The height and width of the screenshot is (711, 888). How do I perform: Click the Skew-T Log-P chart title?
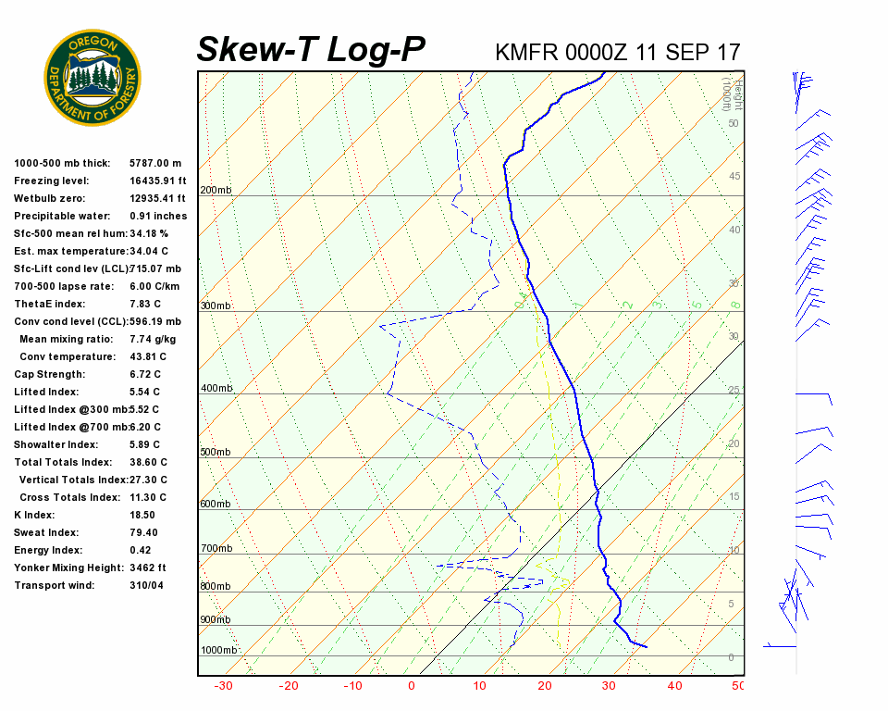pos(311,50)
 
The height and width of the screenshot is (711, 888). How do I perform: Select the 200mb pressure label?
pos(216,191)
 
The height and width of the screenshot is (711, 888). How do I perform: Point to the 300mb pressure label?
pos(216,306)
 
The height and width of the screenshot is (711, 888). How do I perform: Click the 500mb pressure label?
pos(216,453)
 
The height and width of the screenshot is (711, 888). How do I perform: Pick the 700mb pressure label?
pos(216,549)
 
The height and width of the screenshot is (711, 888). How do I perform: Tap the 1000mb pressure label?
pos(218,651)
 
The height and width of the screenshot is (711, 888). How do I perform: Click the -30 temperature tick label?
pos(223,686)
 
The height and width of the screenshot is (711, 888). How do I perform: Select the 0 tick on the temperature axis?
pos(411,686)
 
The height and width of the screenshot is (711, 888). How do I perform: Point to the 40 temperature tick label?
pos(674,686)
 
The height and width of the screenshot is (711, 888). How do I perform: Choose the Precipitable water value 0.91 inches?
pos(158,217)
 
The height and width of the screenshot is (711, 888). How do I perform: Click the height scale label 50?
pos(733,123)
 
